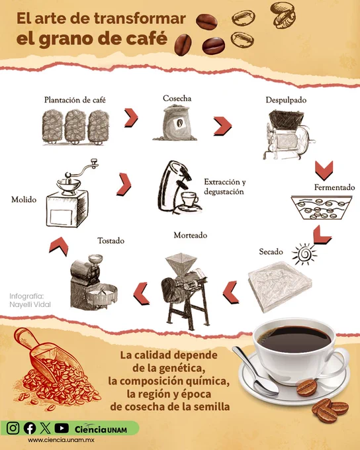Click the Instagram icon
pos(13,428)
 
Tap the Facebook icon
pos(30,428)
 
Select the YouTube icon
pos(62,428)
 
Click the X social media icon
pos(46,428)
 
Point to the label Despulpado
pos(286,100)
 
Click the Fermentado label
pos(334,187)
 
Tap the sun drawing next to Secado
pos(304,254)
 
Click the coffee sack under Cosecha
pos(175,122)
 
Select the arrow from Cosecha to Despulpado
pos(222,126)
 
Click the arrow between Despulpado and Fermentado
pos(324,171)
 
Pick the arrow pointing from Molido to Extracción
pos(124,184)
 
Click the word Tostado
pos(111,240)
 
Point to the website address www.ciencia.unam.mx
pos(61,440)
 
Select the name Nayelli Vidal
pos(30,304)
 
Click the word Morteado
pos(191,236)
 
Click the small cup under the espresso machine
pos(189,199)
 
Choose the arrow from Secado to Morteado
pos(230,292)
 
